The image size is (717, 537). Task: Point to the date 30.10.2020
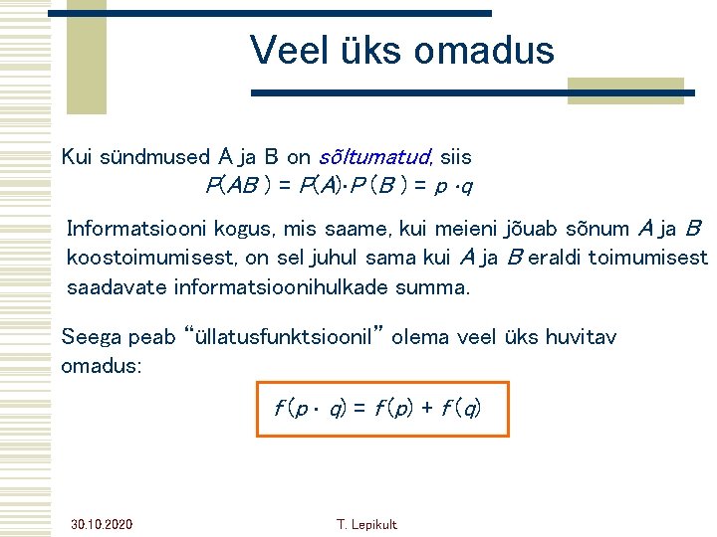click(x=103, y=524)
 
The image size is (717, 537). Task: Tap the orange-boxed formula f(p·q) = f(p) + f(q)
click(x=382, y=408)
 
